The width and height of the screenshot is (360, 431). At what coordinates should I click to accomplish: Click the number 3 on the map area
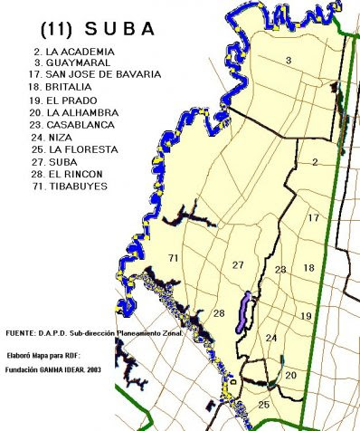pyautogui.click(x=288, y=61)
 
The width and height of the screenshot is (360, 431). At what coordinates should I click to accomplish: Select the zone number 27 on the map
pyautogui.click(x=238, y=264)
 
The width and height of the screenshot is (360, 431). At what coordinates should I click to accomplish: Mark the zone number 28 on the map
pyautogui.click(x=219, y=312)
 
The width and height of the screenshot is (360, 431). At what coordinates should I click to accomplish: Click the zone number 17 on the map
pyautogui.click(x=313, y=218)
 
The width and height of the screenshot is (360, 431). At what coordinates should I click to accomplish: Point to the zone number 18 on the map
pyautogui.click(x=308, y=267)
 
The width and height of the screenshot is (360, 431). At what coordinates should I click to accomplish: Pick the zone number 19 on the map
pyautogui.click(x=306, y=315)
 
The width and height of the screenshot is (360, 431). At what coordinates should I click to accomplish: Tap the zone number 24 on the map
pyautogui.click(x=271, y=338)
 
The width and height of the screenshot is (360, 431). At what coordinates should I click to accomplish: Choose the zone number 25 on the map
pyautogui.click(x=263, y=404)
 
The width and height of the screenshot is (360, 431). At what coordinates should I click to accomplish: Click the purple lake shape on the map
pyautogui.click(x=244, y=311)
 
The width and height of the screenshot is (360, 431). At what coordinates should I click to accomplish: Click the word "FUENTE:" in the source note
pyautogui.click(x=22, y=332)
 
